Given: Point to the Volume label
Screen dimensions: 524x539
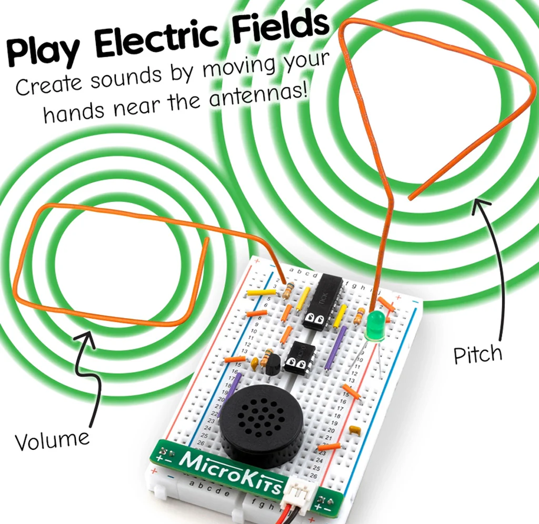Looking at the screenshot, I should point(52,440).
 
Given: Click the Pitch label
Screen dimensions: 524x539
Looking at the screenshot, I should point(477,355).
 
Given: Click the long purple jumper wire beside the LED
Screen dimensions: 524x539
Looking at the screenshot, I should point(335,347).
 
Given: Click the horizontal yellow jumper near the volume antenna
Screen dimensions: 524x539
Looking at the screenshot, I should point(261,292).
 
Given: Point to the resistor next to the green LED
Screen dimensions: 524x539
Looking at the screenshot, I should point(360,315).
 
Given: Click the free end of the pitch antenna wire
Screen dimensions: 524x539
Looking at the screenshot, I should point(411,197).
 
